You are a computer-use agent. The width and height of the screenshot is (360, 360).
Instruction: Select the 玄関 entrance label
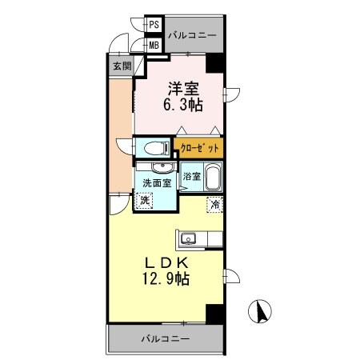122,66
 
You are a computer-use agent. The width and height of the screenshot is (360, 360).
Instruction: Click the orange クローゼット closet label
198,149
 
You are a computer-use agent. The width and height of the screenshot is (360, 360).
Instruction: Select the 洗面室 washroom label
157,183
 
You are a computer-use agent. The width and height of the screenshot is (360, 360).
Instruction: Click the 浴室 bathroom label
192,176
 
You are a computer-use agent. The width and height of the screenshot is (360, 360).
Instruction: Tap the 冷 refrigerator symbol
215,204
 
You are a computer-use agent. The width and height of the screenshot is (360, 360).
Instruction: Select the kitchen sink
190,238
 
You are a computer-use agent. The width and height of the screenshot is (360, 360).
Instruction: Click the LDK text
166,263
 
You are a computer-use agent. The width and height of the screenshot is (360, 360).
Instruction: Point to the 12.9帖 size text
166,280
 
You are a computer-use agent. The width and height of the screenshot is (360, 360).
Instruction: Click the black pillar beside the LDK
214,314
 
